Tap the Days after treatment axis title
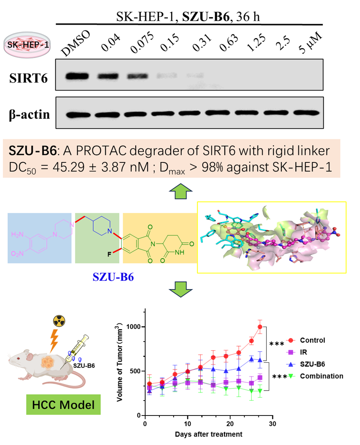click(x=208, y=434)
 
